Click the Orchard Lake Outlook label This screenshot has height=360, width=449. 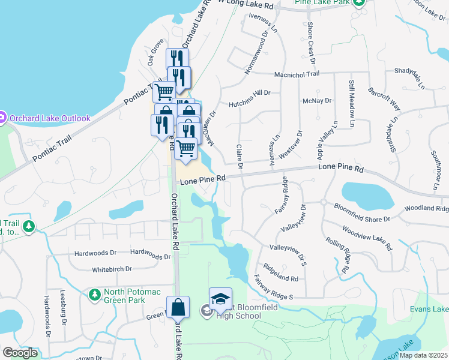pyautogui.click(x=50, y=118)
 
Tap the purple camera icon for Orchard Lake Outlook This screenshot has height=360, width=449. pyautogui.click(x=2, y=118)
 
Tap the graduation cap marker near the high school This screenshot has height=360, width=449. pyautogui.click(x=220, y=299)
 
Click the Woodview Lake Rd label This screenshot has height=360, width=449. pyautogui.click(x=367, y=238)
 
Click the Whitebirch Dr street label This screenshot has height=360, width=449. pyautogui.click(x=112, y=270)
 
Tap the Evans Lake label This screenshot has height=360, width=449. pyautogui.click(x=429, y=309)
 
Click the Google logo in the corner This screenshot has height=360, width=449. pyautogui.click(x=20, y=353)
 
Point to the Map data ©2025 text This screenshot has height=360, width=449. pyautogui.click(x=423, y=355)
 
